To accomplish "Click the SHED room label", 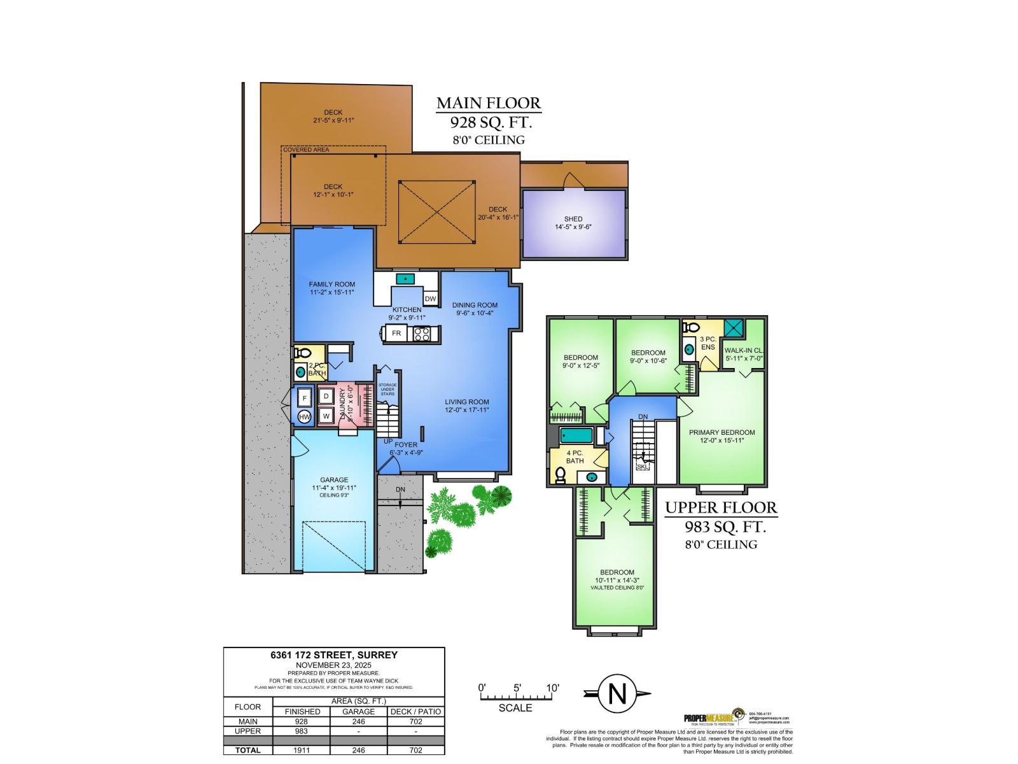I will point(573,219).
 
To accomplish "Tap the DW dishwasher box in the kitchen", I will point(431,299).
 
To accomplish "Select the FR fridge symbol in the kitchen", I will point(396,333).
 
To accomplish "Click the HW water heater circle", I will point(305,417).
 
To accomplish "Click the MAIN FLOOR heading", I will point(488,103).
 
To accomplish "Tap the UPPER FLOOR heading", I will point(721,507).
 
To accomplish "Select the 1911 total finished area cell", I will point(302,750).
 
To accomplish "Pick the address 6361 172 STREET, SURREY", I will point(333,655).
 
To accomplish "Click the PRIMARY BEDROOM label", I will point(722,432).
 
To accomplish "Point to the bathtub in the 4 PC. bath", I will point(576,435).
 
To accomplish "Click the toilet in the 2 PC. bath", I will point(303,353).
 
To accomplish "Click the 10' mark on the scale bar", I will point(552,688).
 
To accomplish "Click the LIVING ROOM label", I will point(466,402).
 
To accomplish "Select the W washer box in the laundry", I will point(326,416).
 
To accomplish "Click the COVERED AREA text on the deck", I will point(306,150).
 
